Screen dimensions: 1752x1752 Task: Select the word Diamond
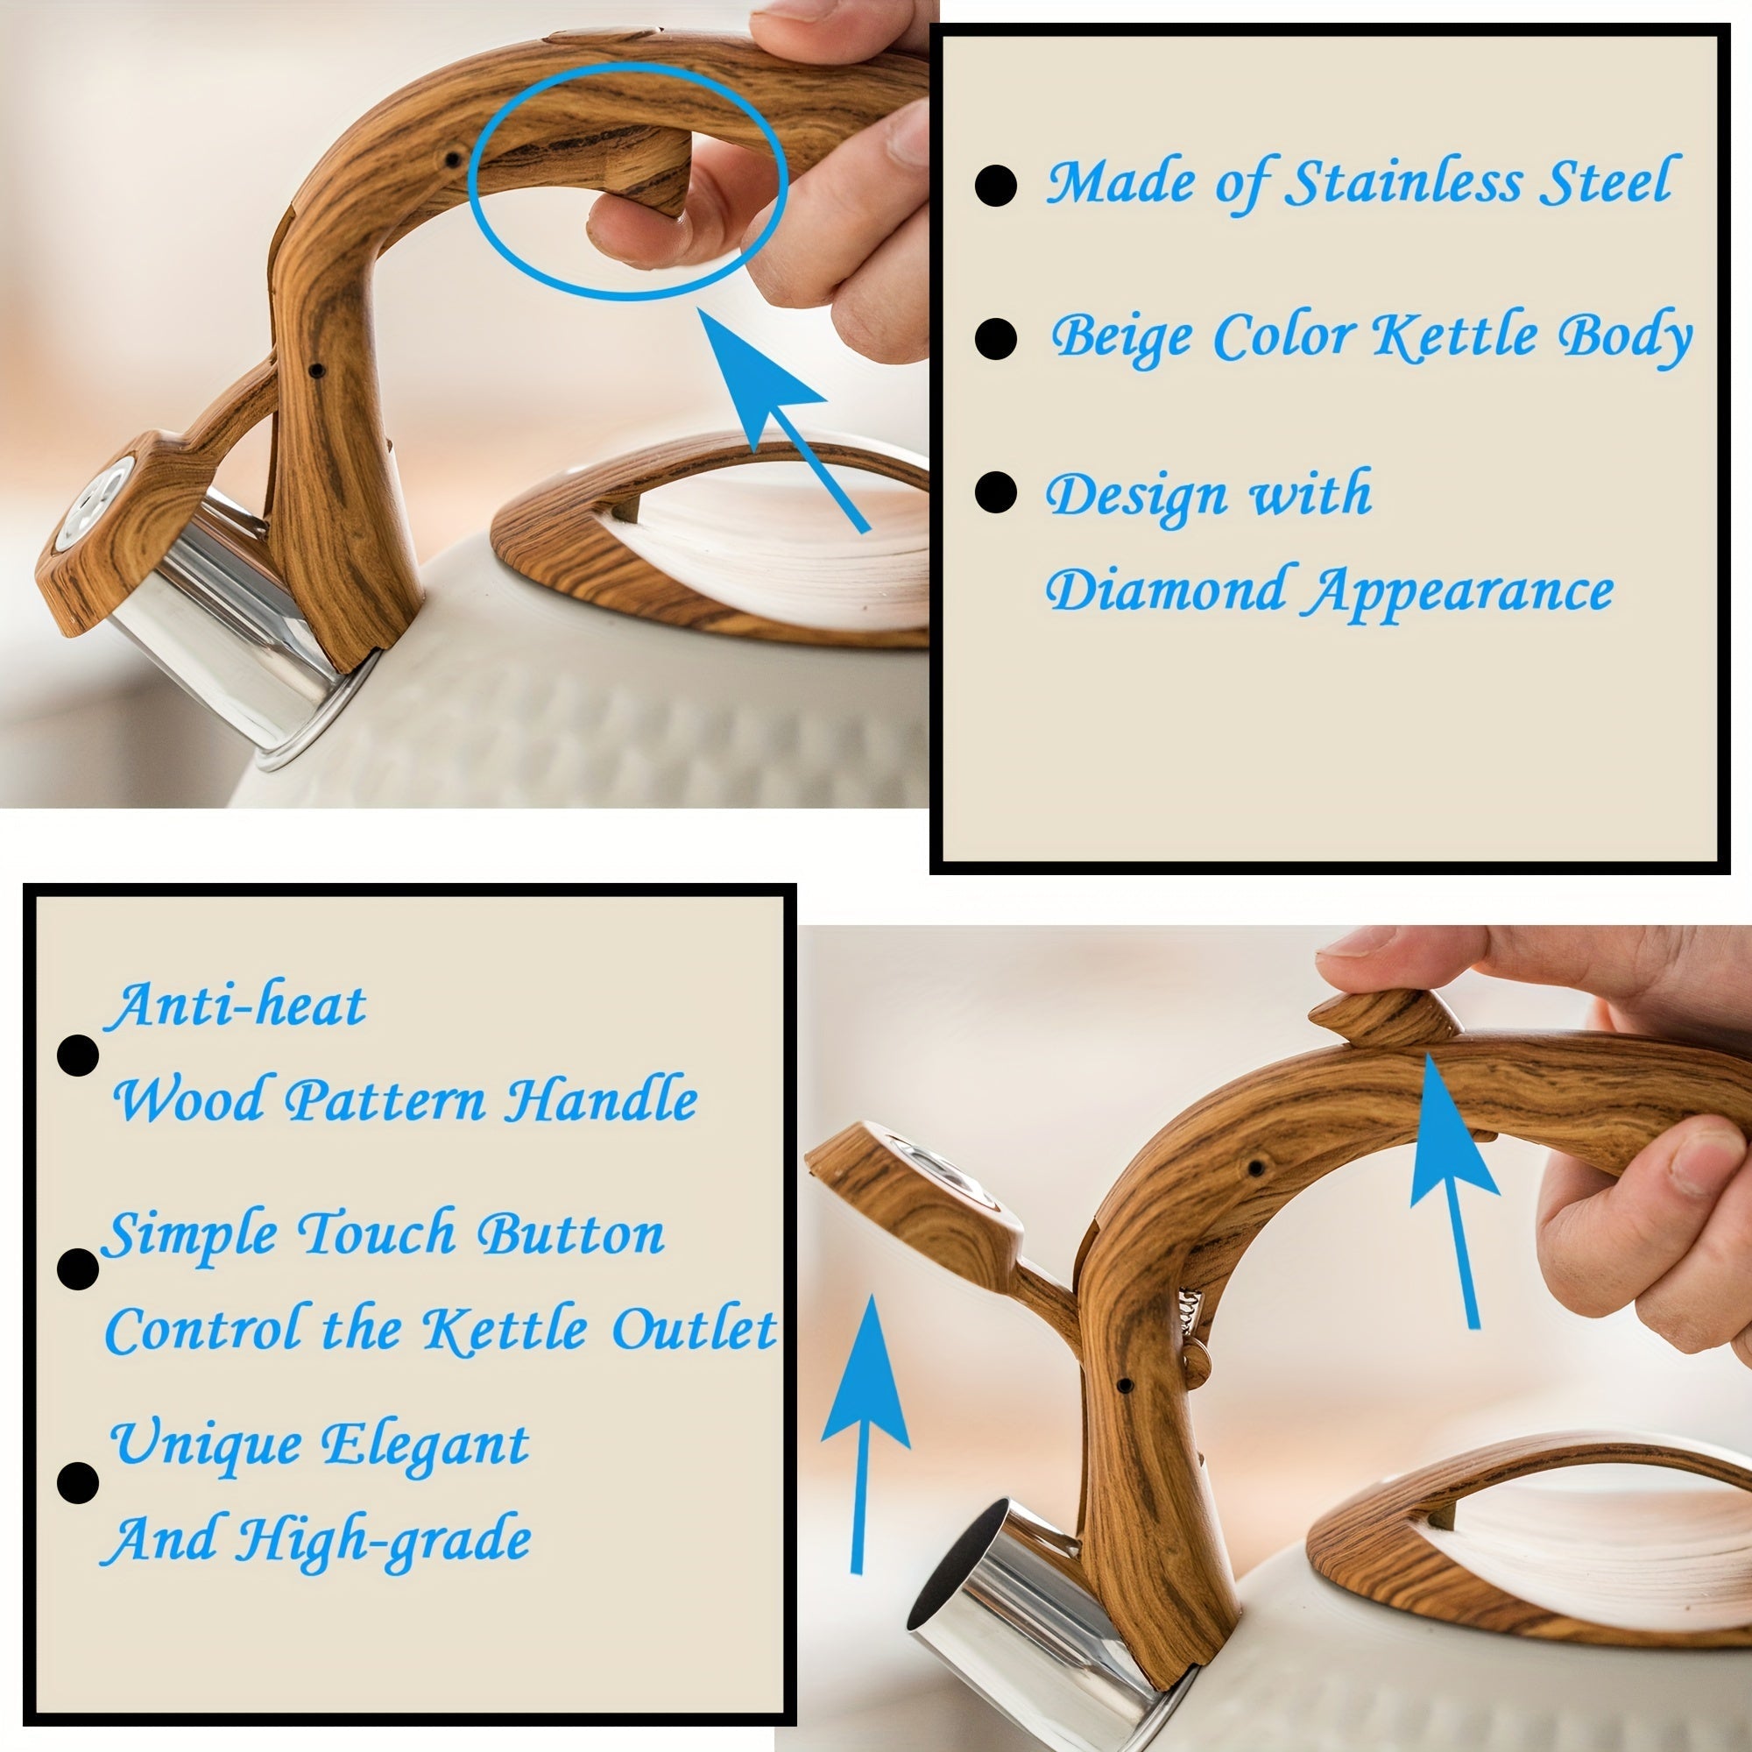point(1168,590)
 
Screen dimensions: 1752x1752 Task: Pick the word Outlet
point(695,1330)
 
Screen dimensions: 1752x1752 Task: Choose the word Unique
point(204,1444)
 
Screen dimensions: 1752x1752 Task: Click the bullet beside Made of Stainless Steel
point(996,186)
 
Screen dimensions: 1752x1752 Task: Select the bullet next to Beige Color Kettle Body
point(996,338)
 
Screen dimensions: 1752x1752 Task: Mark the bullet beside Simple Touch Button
point(78,1268)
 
